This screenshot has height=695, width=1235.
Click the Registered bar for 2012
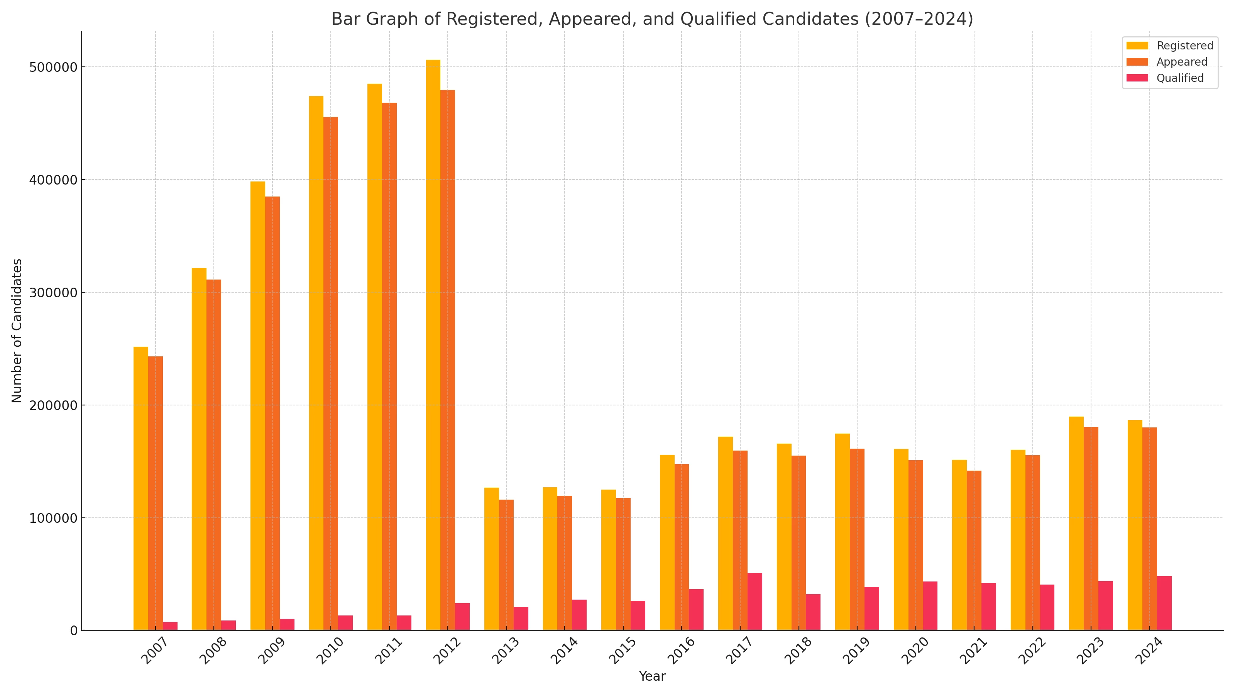pyautogui.click(x=433, y=345)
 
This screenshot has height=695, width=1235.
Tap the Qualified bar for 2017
pyautogui.click(x=755, y=602)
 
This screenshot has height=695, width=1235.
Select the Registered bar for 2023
pyautogui.click(x=1076, y=523)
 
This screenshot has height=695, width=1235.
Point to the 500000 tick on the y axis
pyautogui.click(x=53, y=67)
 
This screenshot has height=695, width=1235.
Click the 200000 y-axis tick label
pyautogui.click(x=53, y=405)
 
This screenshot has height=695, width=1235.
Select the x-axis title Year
pyautogui.click(x=652, y=676)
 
